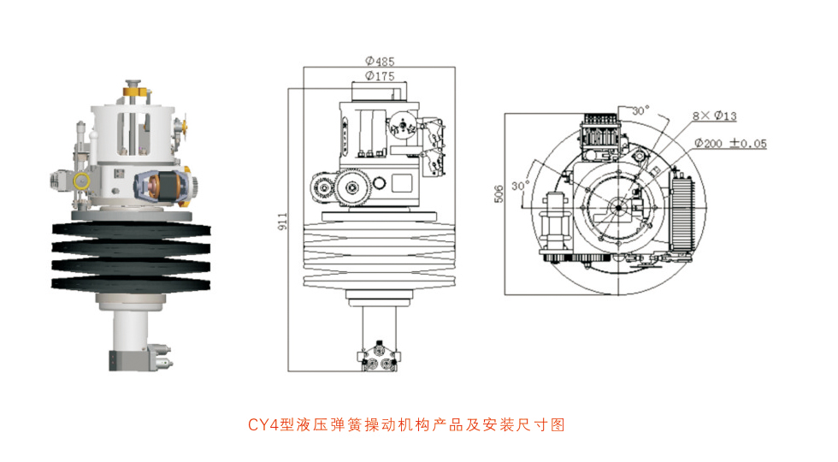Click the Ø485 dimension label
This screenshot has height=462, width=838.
tap(379, 62)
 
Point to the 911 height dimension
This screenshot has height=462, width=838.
tap(283, 222)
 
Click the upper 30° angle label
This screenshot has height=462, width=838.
tap(640, 110)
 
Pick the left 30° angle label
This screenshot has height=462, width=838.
tap(520, 184)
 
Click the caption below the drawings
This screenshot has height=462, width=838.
tap(406, 424)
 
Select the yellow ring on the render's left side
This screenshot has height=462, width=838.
tap(82, 181)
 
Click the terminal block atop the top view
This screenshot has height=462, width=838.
tap(604, 136)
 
